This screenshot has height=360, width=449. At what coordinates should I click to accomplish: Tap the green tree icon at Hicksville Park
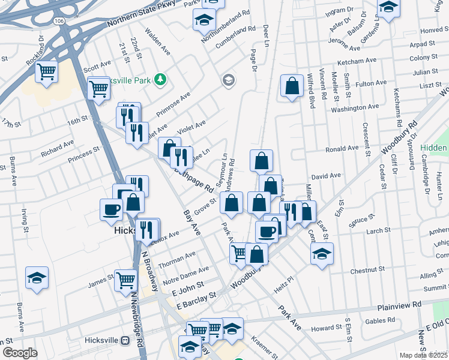tap(160, 79)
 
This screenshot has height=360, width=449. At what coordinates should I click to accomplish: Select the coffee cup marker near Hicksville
tap(112, 209)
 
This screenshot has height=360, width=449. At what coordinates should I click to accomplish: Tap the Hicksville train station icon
tap(125, 340)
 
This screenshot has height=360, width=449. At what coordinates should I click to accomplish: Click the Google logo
tap(20, 353)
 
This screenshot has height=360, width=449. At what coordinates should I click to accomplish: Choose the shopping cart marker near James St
tap(125, 279)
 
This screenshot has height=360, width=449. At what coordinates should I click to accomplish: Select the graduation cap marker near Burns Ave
tap(37, 278)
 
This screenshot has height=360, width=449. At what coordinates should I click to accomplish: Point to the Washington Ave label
tap(355, 107)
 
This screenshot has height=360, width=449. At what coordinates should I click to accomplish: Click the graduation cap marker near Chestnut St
tap(322, 253)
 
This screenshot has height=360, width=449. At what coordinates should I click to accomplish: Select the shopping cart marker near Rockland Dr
tap(46, 72)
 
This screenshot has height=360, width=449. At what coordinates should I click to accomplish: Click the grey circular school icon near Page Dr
tap(228, 80)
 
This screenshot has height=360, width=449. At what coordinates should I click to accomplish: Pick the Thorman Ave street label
tap(177, 259)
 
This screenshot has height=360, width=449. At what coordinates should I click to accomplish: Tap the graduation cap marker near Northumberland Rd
tap(204, 20)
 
